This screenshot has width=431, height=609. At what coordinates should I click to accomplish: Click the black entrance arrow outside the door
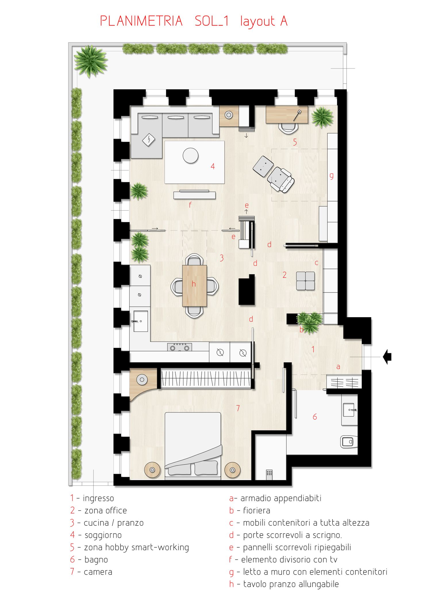(387, 357)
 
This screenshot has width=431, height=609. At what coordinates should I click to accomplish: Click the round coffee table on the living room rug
(191, 156)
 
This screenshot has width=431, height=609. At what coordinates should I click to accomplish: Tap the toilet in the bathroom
(349, 442)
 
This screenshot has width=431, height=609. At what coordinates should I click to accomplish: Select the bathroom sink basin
(349, 410)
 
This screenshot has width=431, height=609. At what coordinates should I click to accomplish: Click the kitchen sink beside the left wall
(141, 321)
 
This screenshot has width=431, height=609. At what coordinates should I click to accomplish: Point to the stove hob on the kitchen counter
(180, 347)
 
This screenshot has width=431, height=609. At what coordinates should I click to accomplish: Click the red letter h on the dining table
(194, 284)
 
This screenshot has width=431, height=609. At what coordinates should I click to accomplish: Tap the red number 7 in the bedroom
(238, 408)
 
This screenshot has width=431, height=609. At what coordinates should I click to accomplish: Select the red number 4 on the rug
(213, 166)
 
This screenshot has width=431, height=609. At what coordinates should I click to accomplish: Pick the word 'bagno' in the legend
(96, 560)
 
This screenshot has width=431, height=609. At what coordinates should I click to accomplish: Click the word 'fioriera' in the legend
(257, 510)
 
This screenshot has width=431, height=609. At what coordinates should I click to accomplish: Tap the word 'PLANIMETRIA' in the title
(141, 21)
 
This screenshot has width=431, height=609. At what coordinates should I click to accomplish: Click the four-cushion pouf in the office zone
(305, 281)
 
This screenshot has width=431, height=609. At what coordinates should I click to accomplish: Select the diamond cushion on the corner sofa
(149, 140)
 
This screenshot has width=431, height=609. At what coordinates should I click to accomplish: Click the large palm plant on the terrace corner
(91, 62)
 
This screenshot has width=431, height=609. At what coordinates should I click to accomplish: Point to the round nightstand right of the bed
(232, 470)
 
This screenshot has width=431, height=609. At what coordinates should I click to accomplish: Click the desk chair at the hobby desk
(288, 128)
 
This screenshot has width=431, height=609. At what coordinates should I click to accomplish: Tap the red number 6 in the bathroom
(315, 417)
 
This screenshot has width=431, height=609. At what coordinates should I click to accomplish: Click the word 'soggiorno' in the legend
(103, 535)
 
